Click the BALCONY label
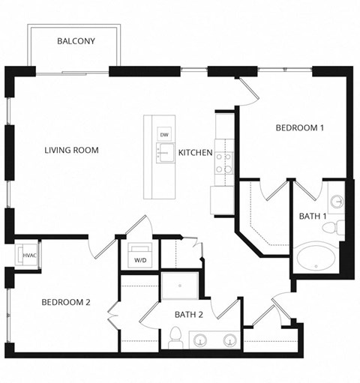coord(76,41)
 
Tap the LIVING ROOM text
coord(71,150)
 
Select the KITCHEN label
coord(195,153)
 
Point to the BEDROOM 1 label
coord(299,128)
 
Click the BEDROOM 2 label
coord(65,302)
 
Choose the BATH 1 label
coord(313,216)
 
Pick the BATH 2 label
coord(189,315)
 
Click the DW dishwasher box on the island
coord(163,134)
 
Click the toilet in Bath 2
coord(175,338)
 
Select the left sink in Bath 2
coord(201,341)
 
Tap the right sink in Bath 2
coord(228,341)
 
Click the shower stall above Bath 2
coord(180,286)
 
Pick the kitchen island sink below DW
coord(163,154)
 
